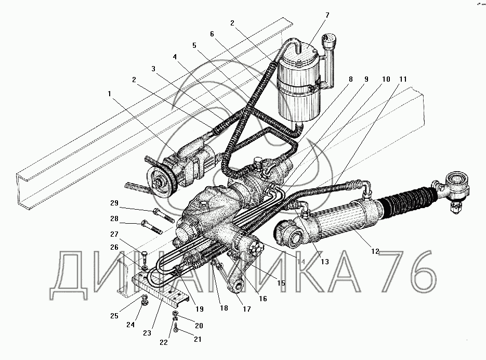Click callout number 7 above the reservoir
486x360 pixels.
[327, 15]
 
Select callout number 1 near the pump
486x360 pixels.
[109, 94]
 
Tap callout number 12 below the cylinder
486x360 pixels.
[375, 251]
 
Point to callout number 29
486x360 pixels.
[114, 203]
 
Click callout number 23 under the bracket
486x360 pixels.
[147, 333]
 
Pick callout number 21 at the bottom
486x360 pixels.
[198, 339]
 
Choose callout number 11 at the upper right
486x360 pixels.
[403, 79]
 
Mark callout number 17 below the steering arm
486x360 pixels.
[247, 309]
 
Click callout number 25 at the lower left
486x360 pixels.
[114, 316]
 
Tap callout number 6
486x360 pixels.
[212, 34]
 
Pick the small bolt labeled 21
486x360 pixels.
[176, 328]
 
